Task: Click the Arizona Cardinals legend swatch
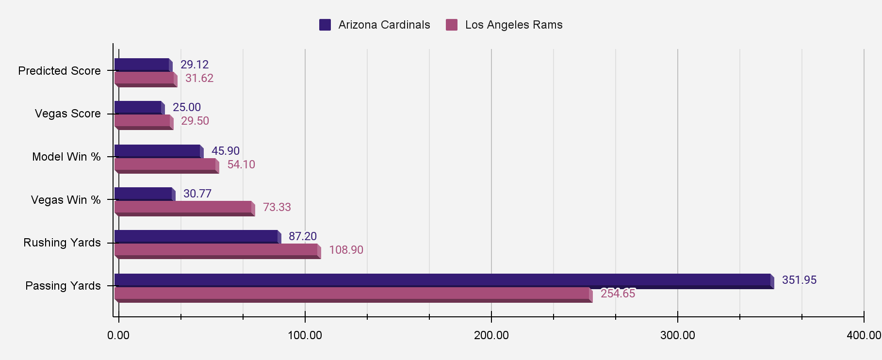(325, 25)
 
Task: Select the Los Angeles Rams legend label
(513, 25)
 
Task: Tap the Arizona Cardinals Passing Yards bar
(442, 280)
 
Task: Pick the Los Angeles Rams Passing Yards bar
(352, 294)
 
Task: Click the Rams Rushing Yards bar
(216, 250)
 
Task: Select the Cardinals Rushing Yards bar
(196, 236)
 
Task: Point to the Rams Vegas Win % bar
(183, 207)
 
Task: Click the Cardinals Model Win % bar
(157, 151)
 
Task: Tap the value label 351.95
(799, 280)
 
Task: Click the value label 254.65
(618, 294)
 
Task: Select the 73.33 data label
(277, 207)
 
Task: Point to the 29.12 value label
(194, 65)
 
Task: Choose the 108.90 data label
(346, 250)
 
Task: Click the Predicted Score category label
(59, 71)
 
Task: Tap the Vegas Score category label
(67, 114)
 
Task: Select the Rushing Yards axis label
(62, 243)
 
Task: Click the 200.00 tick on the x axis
(491, 335)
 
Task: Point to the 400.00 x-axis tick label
(864, 335)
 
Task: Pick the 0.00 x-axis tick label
(118, 335)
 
